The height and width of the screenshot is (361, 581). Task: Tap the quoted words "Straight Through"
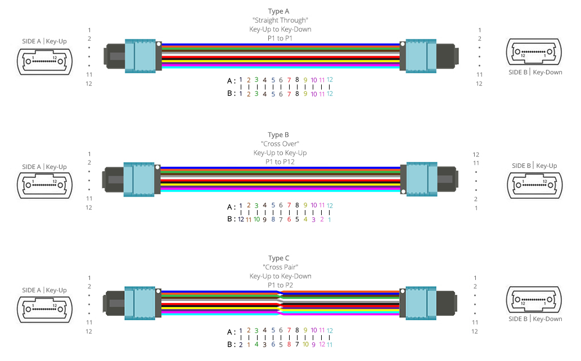point(280,20)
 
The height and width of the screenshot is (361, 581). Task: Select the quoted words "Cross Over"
point(280,144)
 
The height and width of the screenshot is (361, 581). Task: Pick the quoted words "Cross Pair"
point(280,268)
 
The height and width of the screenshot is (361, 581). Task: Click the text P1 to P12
point(280,162)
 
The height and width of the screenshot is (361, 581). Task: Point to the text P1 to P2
point(280,286)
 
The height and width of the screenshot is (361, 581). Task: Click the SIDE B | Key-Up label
point(534,166)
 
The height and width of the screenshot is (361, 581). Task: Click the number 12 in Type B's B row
point(241,219)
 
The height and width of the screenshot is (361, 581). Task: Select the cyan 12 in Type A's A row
point(330,79)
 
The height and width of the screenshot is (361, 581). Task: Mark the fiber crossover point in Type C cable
point(280,302)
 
